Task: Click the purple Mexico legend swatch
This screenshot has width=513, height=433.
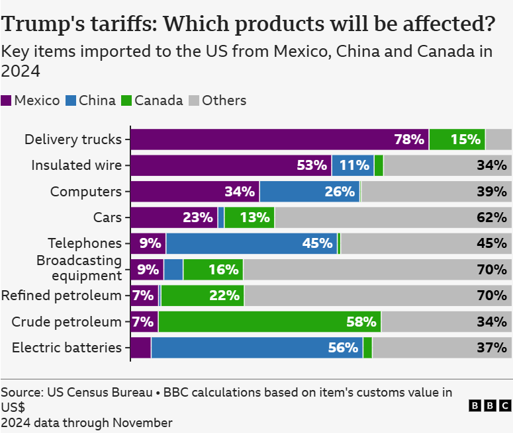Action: point(7,100)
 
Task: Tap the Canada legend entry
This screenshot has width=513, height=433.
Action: point(152,100)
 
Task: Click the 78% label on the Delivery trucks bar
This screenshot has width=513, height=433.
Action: point(408,139)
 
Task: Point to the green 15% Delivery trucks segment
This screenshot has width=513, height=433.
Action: point(457,139)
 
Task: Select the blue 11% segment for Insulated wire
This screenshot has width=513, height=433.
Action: point(353,165)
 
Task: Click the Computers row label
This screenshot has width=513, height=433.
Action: point(86,192)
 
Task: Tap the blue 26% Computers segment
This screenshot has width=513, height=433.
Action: point(310,192)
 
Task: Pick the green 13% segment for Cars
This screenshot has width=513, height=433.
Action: point(249,217)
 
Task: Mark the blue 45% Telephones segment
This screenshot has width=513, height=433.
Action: point(252,243)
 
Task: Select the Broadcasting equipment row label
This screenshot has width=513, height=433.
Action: point(79,268)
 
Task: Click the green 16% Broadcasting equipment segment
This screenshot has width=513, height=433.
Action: point(213,270)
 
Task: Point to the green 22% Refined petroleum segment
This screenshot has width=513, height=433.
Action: point(203,295)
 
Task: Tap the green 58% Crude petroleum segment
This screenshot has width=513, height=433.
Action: point(269,322)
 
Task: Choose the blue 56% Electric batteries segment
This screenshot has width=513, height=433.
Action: point(257,348)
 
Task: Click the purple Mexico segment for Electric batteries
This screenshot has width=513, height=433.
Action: point(140,348)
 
